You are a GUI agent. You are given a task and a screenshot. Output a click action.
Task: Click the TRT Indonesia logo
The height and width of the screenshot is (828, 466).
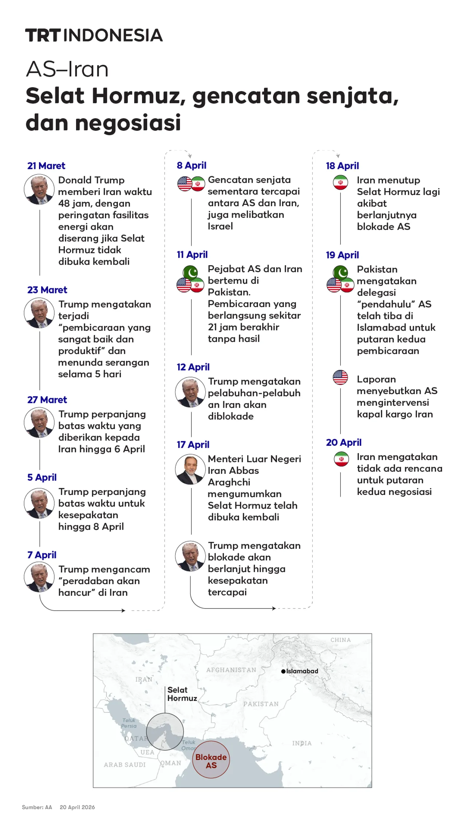coord(94,35)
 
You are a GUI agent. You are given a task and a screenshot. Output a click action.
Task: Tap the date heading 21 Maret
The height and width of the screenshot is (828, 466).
coord(46,166)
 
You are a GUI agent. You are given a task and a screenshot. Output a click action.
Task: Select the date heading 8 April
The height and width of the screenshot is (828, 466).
coord(191,166)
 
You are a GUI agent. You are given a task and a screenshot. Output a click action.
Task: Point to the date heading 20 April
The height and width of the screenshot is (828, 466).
coord(344,443)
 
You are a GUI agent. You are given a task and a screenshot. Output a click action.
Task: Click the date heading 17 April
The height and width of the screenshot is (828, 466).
coord(193,445)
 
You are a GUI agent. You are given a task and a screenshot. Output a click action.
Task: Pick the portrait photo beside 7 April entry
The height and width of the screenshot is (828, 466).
coord(39,577)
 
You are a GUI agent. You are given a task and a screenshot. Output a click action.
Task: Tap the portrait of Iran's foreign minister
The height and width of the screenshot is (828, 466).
coord(190,469)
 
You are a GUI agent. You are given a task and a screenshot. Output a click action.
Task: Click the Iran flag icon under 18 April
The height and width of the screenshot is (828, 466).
coord(340,182)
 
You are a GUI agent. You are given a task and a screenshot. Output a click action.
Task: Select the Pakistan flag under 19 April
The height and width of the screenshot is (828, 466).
coord(341,272)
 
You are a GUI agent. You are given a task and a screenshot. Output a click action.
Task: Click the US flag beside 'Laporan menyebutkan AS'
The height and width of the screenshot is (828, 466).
coord(340,377)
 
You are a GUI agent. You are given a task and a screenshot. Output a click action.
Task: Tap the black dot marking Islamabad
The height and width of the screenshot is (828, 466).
coord(283,671)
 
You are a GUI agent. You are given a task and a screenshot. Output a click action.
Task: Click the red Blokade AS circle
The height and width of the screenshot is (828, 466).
coord(211,760)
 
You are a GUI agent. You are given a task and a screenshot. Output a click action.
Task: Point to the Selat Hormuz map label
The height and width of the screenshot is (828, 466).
coord(182,694)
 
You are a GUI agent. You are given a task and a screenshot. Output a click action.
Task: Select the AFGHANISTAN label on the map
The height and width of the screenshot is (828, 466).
coord(231,670)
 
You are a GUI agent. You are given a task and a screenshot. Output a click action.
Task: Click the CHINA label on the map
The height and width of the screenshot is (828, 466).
coord(340,640)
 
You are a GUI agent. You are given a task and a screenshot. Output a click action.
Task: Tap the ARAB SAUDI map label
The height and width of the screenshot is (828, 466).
coord(125,765)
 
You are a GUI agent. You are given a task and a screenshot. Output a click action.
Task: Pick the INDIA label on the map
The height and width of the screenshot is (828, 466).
coord(302,743)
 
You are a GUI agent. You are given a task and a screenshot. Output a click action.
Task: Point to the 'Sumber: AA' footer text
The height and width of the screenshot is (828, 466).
coord(37,807)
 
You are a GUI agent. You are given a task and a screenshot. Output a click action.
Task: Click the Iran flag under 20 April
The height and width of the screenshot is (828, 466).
coord(341,459)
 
